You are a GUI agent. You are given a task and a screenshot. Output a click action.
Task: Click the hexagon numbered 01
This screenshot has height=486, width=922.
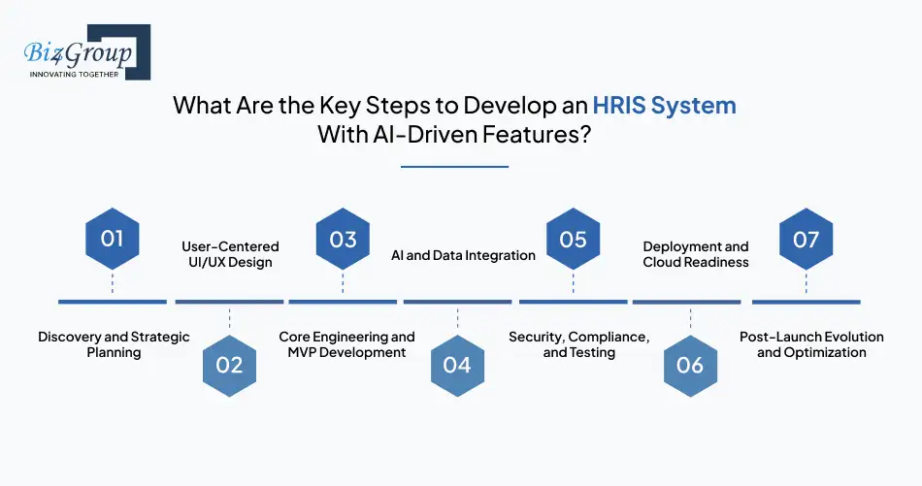(113, 239)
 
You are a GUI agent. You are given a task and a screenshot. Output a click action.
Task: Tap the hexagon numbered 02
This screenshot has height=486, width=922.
(229, 366)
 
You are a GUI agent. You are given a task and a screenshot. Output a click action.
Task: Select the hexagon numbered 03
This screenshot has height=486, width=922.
(343, 239)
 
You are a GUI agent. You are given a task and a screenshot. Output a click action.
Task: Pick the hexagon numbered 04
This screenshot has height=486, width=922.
(457, 366)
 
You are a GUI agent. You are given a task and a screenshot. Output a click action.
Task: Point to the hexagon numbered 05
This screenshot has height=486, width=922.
(574, 239)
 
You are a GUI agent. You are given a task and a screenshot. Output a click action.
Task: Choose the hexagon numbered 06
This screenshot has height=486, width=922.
(690, 366)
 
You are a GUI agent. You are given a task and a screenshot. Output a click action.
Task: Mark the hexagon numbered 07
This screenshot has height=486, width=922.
(807, 239)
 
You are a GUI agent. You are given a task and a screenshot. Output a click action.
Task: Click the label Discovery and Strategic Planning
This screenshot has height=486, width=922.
(115, 344)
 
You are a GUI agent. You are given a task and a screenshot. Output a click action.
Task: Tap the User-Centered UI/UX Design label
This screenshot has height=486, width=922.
(230, 254)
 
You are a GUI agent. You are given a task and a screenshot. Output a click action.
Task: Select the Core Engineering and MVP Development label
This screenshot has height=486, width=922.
(346, 344)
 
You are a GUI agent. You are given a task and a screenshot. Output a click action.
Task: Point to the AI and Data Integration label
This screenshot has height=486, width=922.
(463, 255)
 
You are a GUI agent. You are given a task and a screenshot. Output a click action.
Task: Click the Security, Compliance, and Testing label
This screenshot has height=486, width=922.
(579, 344)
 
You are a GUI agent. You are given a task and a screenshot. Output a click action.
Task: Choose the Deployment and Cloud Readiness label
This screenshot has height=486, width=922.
(696, 254)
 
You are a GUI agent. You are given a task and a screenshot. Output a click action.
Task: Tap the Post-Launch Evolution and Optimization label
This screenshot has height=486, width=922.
(811, 344)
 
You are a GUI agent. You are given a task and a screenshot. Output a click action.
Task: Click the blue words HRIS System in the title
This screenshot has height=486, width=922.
(665, 106)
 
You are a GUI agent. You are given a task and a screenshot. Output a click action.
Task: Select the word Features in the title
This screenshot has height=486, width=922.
(537, 135)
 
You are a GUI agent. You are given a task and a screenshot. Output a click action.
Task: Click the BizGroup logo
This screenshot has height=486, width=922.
(87, 51)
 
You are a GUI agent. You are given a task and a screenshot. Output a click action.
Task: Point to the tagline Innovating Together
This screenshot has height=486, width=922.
(74, 74)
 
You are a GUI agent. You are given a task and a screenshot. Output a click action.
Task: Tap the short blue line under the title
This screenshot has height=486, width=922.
(454, 167)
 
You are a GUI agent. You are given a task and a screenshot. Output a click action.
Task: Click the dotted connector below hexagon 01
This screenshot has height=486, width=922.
(113, 282)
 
